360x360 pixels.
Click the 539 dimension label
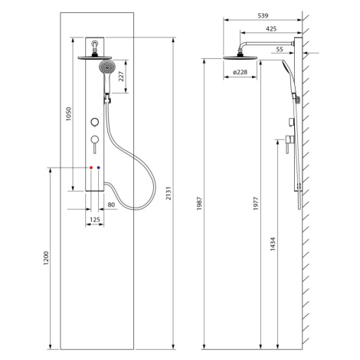pyautogui.click(x=263, y=15)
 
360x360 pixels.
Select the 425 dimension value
pyautogui.click(x=271, y=29)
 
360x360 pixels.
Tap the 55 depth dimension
pyautogui.click(x=280, y=49)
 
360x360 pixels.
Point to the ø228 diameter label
pyautogui.click(x=240, y=72)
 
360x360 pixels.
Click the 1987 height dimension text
pyautogui.click(x=199, y=204)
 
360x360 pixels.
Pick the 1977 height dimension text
pyautogui.click(x=256, y=204)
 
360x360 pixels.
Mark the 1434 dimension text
pyautogui.click(x=273, y=244)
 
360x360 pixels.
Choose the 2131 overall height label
pyautogui.click(x=169, y=193)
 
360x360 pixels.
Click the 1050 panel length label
pyautogui.click(x=68, y=114)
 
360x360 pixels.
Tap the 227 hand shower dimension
pyautogui.click(x=121, y=77)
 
